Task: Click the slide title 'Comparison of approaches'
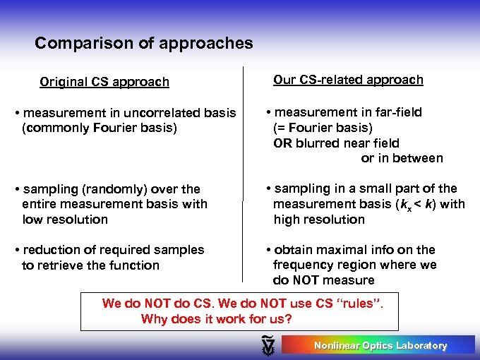pyautogui.click(x=143, y=43)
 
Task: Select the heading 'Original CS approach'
pyautogui.click(x=104, y=82)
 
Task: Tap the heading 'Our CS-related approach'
pyautogui.click(x=348, y=80)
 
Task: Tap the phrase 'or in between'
pyautogui.click(x=402, y=158)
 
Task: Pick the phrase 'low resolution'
pyautogui.click(x=65, y=220)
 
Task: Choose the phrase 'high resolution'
pyautogui.click(x=319, y=220)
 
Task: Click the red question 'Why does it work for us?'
pyautogui.click(x=216, y=318)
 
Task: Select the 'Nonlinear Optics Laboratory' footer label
pyautogui.click(x=380, y=346)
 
